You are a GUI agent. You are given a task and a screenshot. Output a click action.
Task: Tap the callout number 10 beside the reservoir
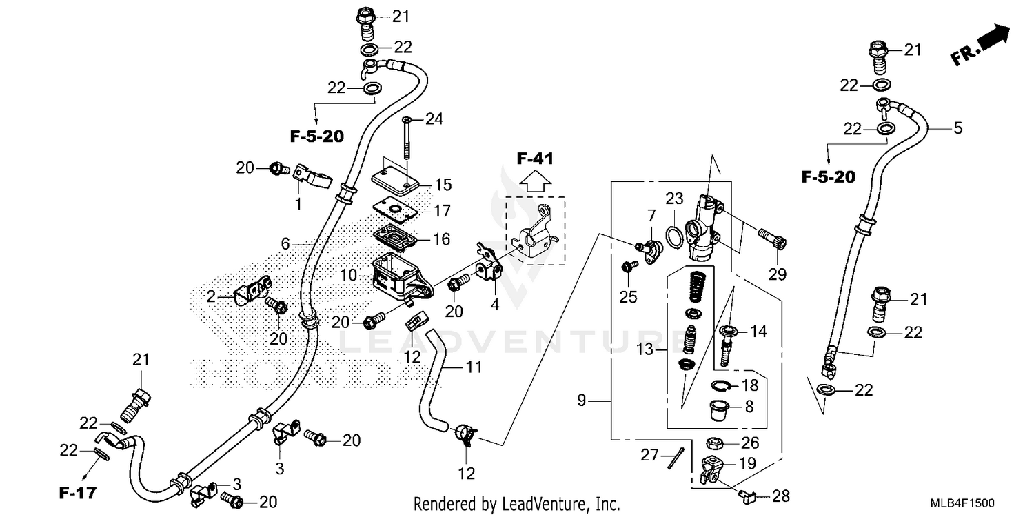pyautogui.click(x=349, y=275)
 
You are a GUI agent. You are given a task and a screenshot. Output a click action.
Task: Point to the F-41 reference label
pyautogui.click(x=535, y=159)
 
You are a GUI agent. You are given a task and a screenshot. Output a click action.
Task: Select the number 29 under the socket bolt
pyautogui.click(x=778, y=274)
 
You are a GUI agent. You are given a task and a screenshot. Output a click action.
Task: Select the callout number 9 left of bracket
pyautogui.click(x=582, y=399)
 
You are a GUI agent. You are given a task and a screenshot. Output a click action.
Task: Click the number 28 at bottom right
pyautogui.click(x=781, y=495)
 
